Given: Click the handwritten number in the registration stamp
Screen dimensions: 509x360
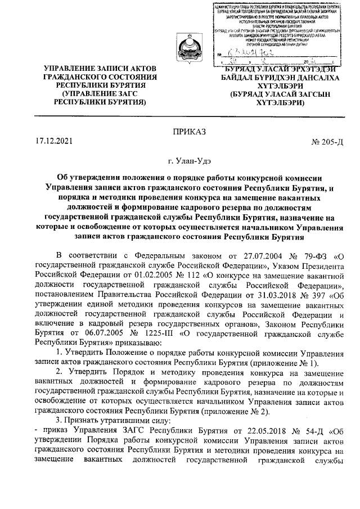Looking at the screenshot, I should (x=254, y=53).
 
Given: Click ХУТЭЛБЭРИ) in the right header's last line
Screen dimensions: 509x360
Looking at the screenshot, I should (x=272, y=103).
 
